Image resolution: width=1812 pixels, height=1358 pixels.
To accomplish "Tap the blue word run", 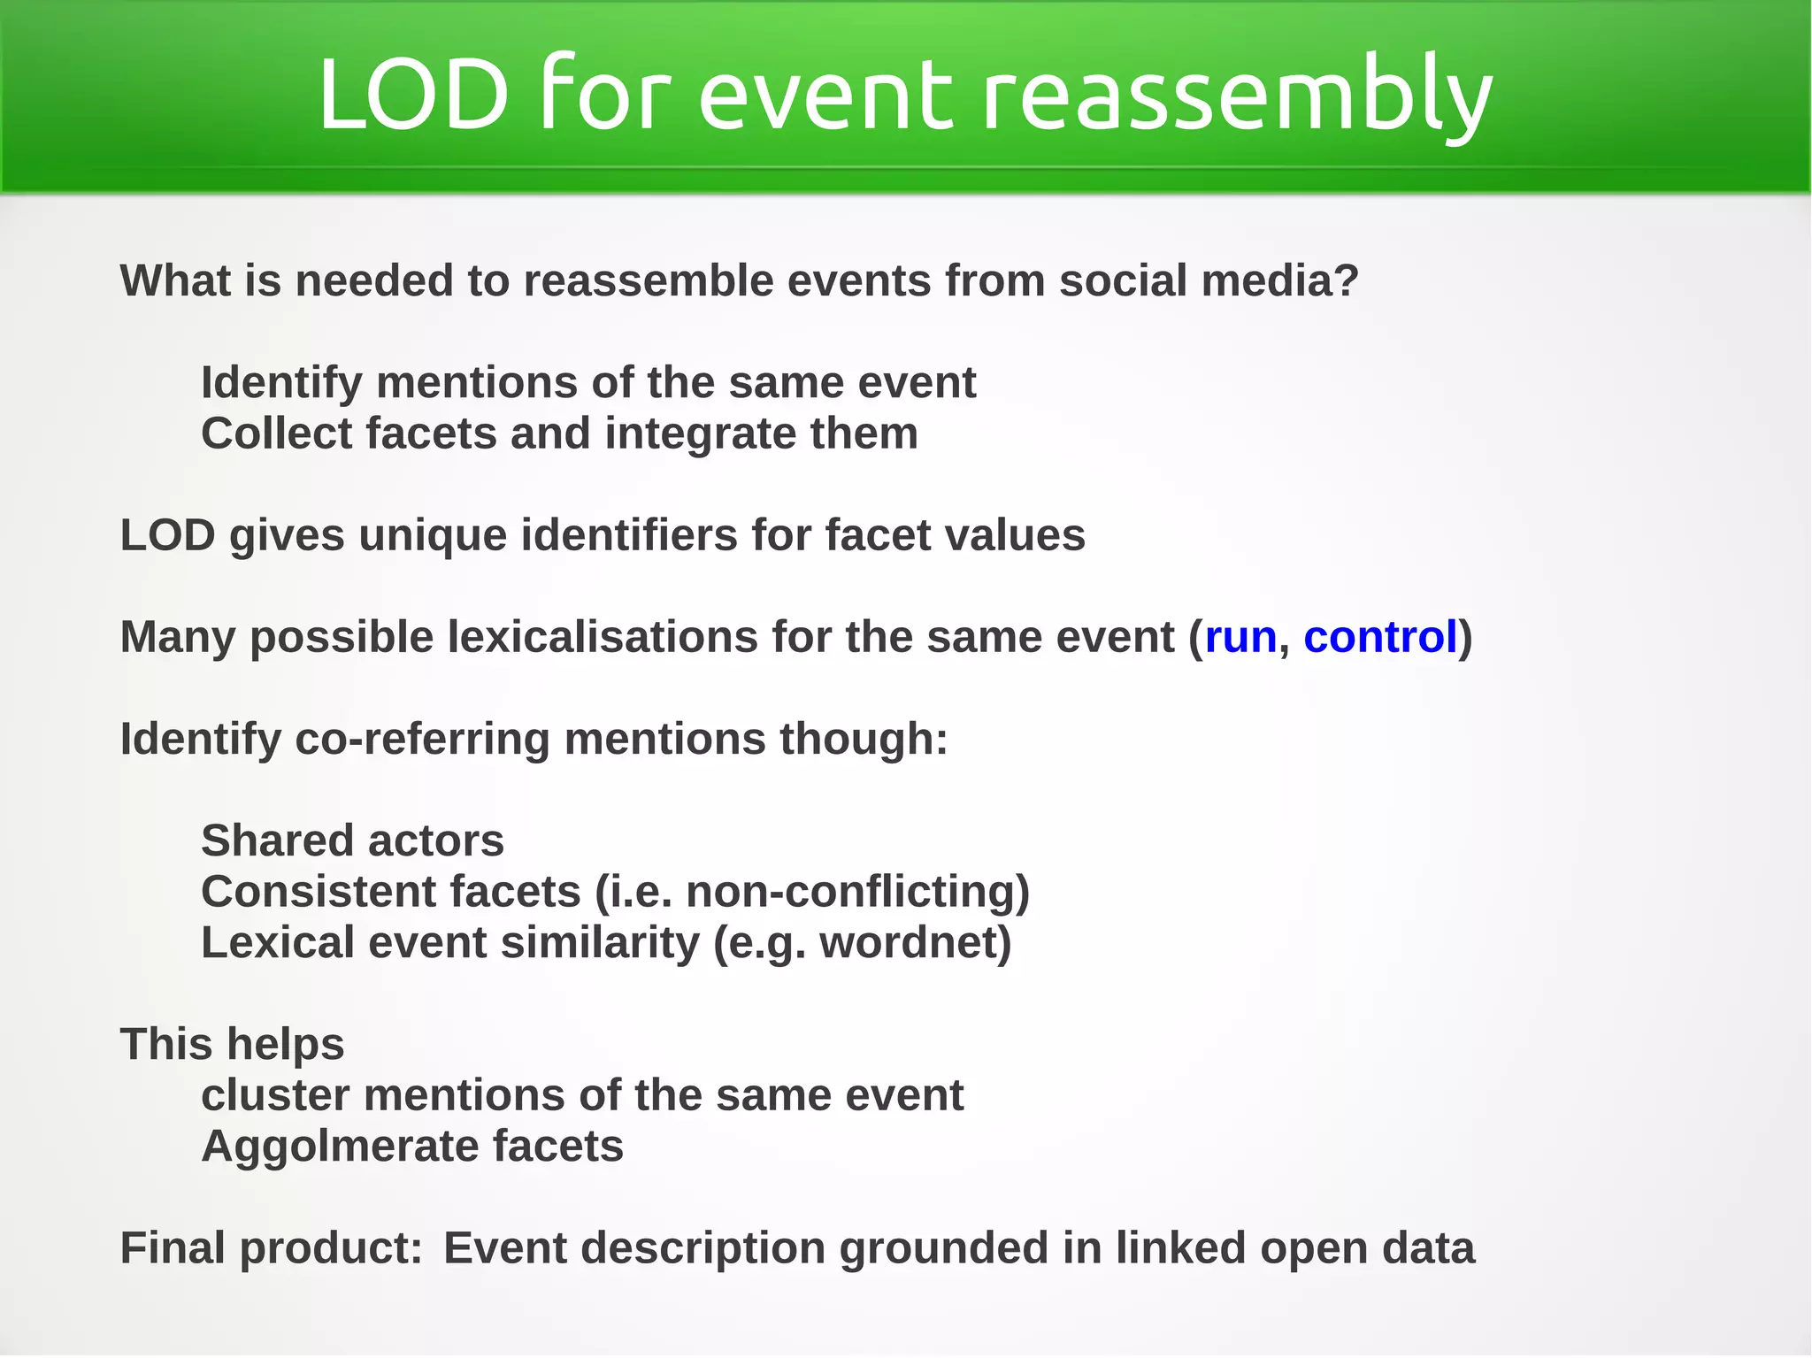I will pyautogui.click(x=1240, y=637).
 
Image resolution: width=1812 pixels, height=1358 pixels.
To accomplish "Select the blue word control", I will pyautogui.click(x=1379, y=637).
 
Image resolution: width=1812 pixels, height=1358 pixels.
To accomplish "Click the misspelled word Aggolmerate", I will pyautogui.click(x=340, y=1147).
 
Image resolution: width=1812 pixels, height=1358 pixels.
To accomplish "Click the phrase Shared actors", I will pyautogui.click(x=352, y=840).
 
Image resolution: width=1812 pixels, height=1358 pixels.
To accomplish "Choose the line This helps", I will pyautogui.click(x=232, y=1045).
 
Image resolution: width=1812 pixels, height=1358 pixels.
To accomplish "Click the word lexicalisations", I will pyautogui.click(x=603, y=637).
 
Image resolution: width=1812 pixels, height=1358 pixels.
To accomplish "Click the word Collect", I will pyautogui.click(x=276, y=433).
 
